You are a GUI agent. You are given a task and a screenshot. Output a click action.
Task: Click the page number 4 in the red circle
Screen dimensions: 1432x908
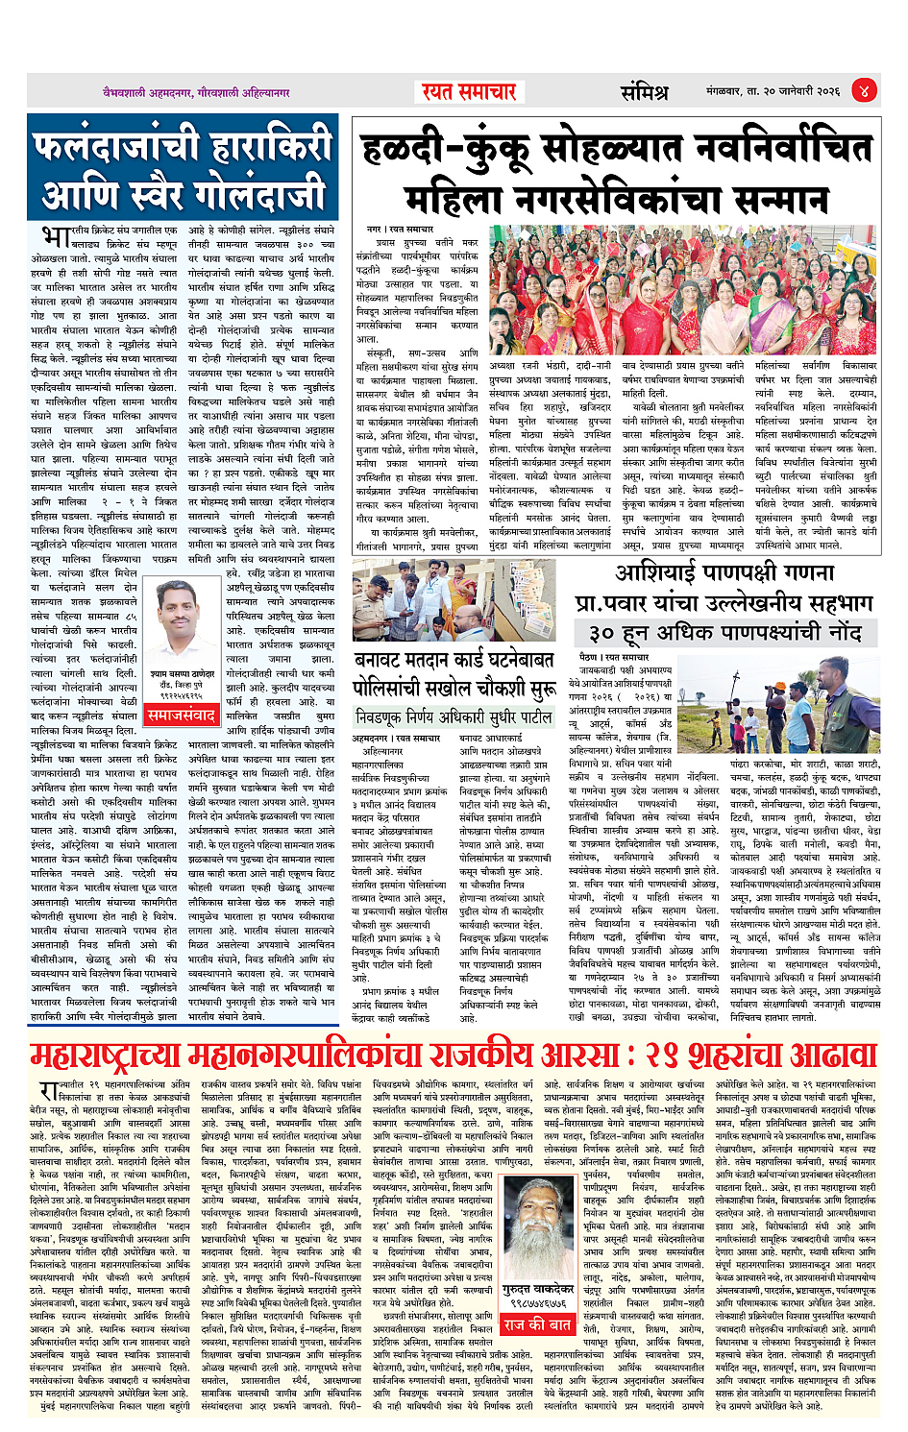[x=865, y=92]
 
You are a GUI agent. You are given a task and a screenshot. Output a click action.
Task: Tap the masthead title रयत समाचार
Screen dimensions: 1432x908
[x=469, y=92]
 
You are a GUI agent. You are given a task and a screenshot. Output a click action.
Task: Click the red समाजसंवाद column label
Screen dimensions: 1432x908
[x=181, y=716]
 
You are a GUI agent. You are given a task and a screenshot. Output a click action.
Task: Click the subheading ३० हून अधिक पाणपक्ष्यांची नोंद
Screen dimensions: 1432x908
[x=725, y=633]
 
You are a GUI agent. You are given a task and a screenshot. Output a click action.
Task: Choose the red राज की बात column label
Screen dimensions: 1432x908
[x=537, y=1324]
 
